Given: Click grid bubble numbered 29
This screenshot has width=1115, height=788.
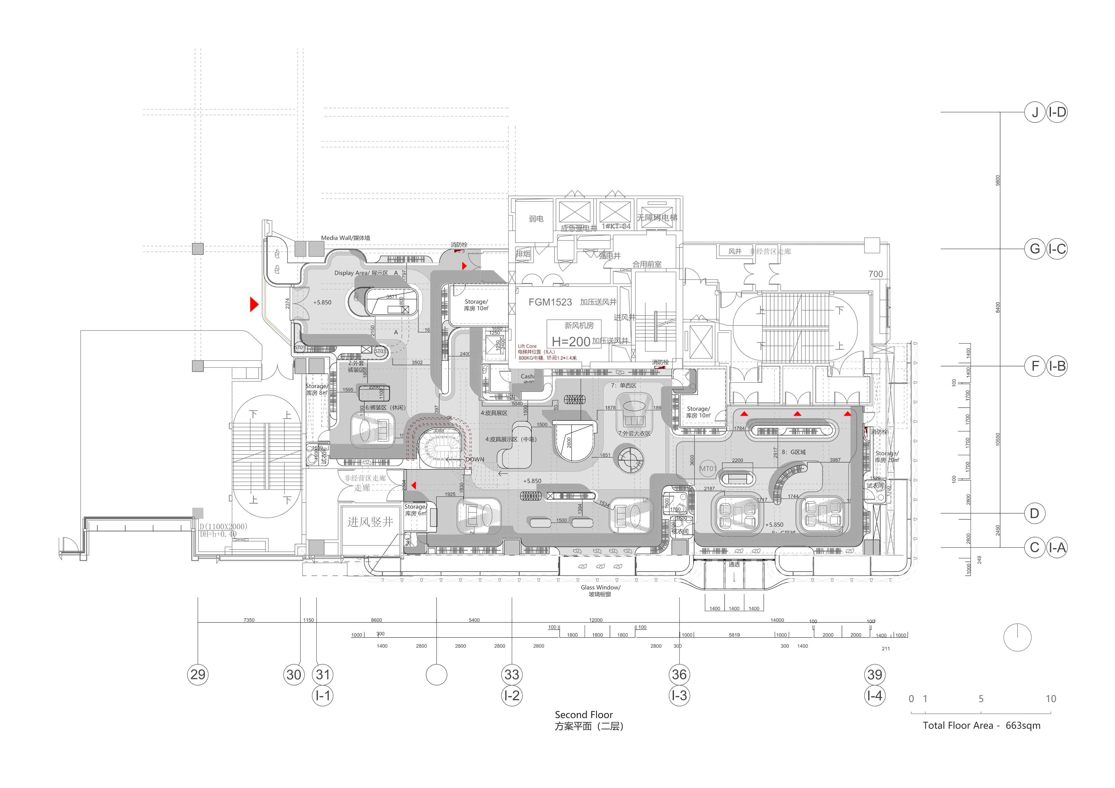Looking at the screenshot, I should point(198,675).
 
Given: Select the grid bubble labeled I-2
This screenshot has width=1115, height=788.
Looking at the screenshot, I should point(512,695).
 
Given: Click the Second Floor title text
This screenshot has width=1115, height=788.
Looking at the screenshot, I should point(584,715).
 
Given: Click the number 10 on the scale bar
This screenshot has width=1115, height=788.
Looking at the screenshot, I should point(1051,699).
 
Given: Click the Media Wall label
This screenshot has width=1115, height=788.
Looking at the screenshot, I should point(345,238).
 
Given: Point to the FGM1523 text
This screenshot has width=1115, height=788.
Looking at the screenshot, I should point(550,302).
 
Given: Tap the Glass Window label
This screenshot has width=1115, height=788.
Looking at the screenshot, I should point(600,590).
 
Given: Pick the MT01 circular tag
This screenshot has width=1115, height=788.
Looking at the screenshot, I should point(708,468).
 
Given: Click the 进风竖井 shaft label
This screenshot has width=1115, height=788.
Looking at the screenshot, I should point(370,522).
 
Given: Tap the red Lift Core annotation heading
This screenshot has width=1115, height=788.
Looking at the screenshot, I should point(527,346).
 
